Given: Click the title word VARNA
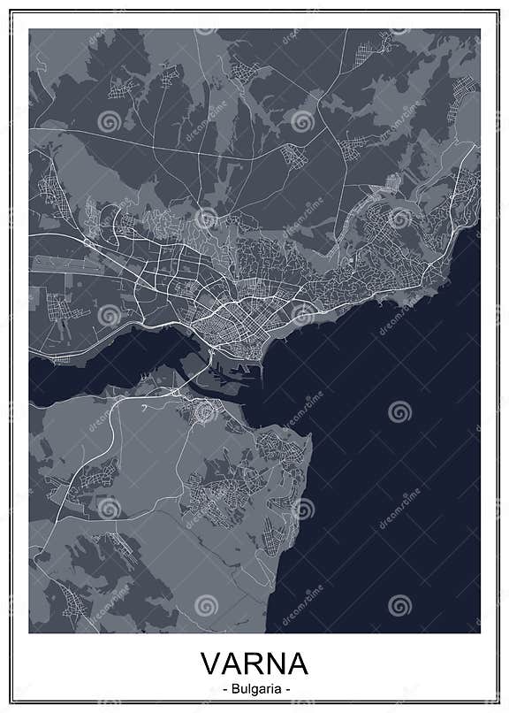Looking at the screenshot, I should tap(254, 663).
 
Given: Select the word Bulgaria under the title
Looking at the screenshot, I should tap(254, 686).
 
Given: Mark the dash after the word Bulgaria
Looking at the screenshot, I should tap(286, 686).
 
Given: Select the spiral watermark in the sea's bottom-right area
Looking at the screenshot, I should tap(399, 604).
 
